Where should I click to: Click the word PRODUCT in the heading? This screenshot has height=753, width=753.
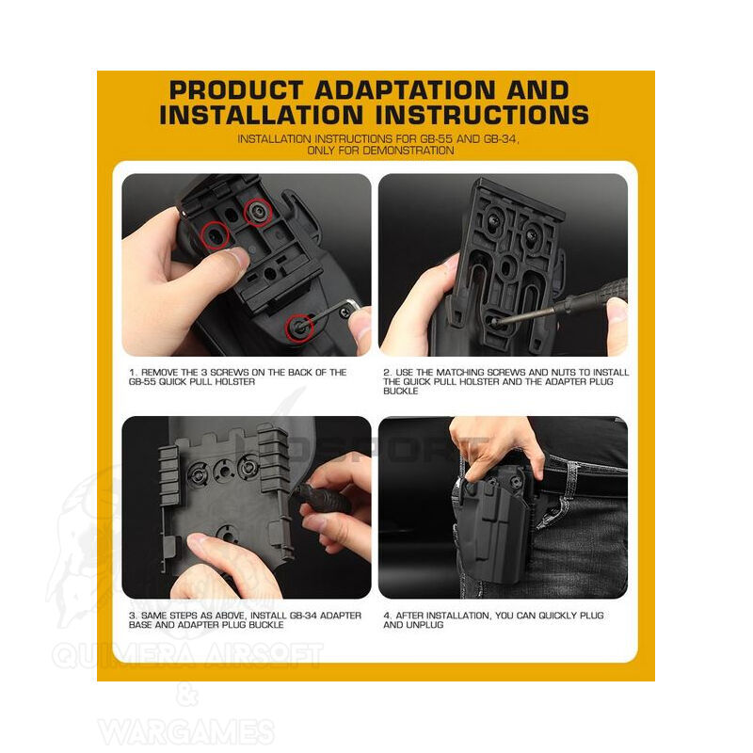tap(236, 90)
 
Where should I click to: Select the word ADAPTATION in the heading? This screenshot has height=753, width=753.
tap(405, 90)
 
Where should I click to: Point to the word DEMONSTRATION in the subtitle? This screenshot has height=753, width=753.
tap(409, 151)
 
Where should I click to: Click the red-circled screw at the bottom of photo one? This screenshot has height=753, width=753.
tap(299, 328)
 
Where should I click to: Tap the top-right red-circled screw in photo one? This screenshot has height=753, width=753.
tap(258, 211)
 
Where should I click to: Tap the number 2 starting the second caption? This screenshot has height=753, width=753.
tap(387, 372)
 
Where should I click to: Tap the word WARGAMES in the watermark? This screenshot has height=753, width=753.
tap(186, 731)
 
